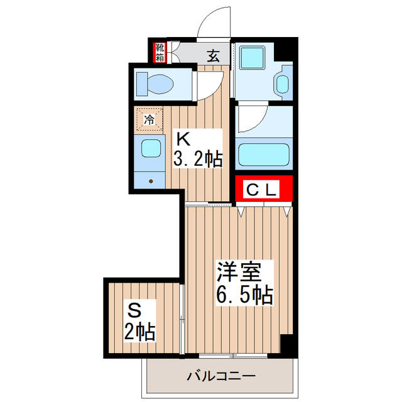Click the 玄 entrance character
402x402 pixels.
214,56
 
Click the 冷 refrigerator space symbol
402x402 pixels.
149,118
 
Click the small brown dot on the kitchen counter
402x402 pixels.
151,181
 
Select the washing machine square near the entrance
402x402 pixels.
256,58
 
